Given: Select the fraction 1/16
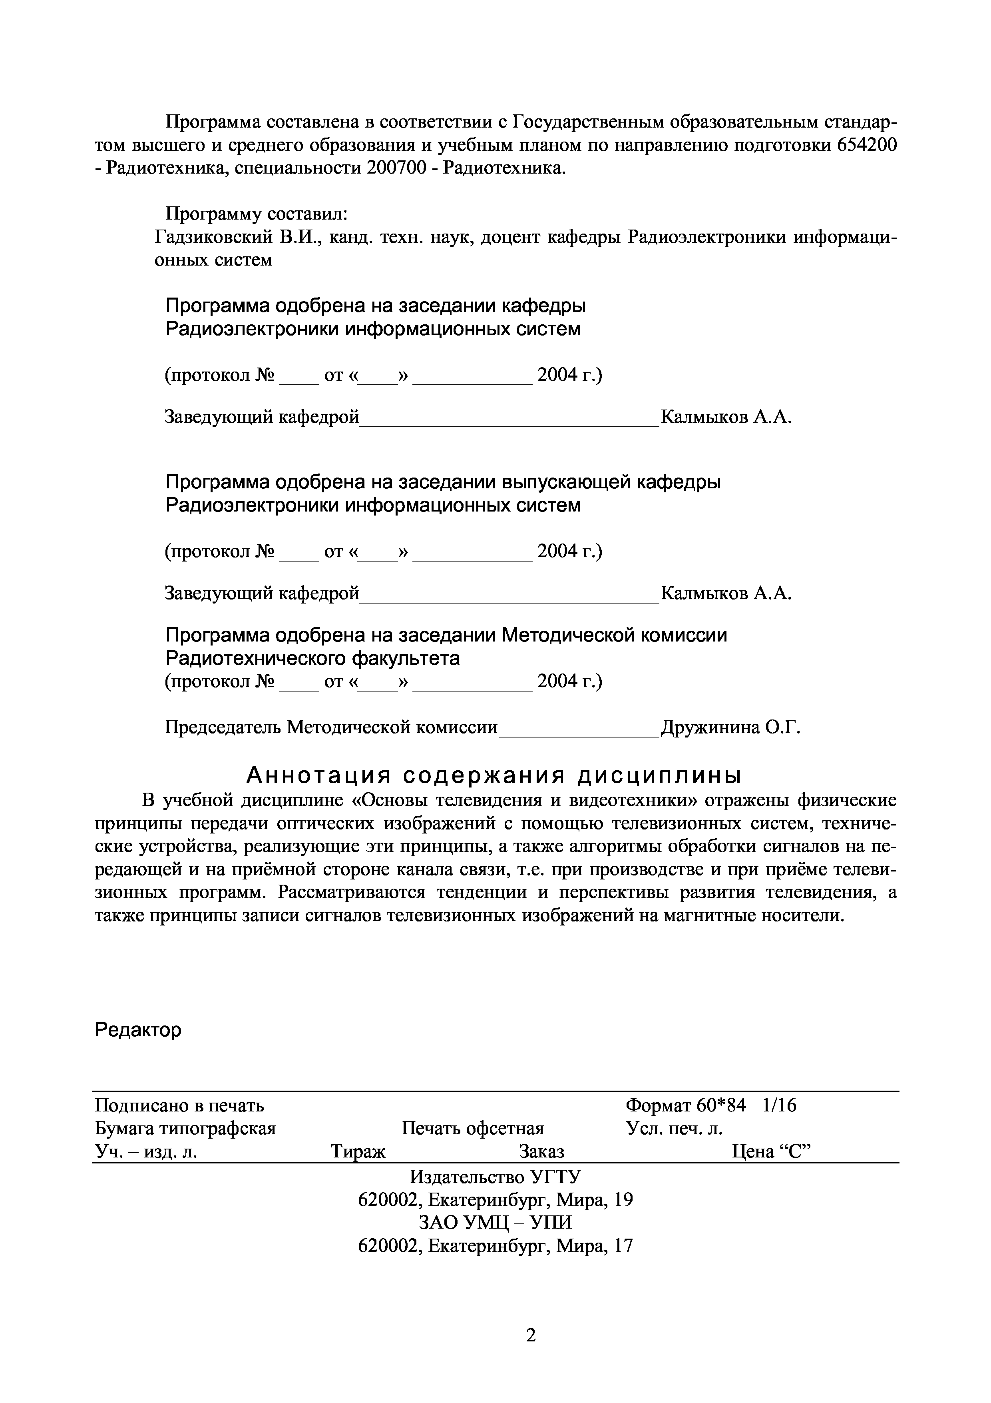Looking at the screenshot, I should tap(780, 1105).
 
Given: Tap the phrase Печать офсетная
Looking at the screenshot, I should tap(473, 1128).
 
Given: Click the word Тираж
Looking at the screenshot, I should tap(358, 1151).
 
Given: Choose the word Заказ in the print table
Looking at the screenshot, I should tap(541, 1151).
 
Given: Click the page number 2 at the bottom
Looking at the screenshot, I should tap(531, 1336).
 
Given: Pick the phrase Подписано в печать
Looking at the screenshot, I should tap(179, 1105).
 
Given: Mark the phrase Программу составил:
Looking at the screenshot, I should tap(257, 214).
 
